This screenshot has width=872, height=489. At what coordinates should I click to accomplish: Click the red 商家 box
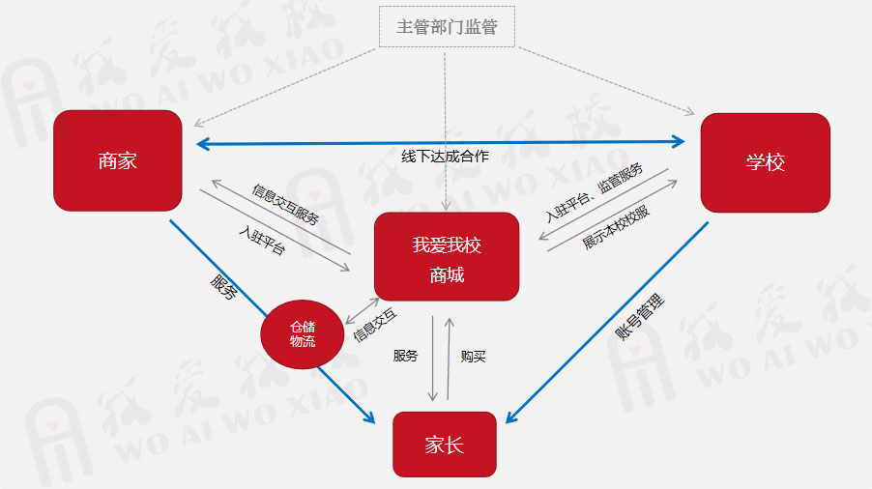point(118,160)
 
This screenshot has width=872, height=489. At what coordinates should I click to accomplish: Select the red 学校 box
point(765,162)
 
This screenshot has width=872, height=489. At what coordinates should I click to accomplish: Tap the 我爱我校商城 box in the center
point(447,257)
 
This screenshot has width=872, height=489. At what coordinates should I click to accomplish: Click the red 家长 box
point(444,445)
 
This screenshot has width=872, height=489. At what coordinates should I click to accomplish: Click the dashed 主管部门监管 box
point(446,27)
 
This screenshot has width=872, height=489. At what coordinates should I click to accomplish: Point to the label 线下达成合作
point(446,157)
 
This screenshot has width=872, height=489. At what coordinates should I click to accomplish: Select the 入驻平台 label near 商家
point(262,239)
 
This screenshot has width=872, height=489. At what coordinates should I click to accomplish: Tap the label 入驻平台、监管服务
point(594,191)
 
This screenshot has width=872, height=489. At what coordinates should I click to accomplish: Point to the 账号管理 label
point(640,318)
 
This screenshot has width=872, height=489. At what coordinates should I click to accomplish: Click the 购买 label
point(474,357)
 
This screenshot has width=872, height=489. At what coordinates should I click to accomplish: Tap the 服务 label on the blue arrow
point(223,287)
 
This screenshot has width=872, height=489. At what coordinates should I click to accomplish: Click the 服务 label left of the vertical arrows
point(405,357)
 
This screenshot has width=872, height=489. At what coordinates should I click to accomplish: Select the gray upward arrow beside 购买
point(450,358)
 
